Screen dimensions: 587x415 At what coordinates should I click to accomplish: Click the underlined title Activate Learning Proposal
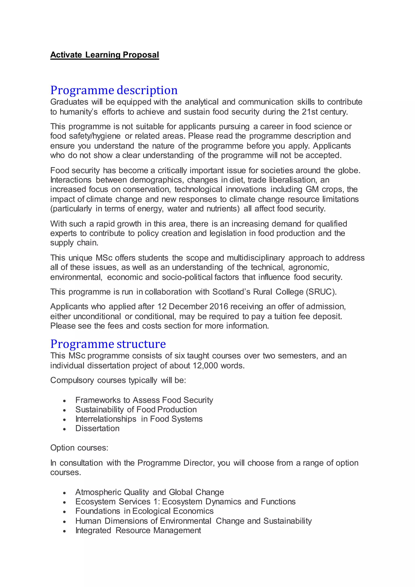105,55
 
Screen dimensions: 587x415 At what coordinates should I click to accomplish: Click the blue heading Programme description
114,90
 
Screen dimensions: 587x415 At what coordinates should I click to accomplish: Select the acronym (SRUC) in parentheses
321,292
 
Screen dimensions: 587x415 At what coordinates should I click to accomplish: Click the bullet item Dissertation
97,428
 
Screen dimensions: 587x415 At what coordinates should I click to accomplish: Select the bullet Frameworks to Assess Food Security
144,400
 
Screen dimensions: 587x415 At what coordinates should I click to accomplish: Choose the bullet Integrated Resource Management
138,530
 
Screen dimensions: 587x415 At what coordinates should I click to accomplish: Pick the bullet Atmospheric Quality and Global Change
150,492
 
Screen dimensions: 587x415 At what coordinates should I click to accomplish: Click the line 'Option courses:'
79,448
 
